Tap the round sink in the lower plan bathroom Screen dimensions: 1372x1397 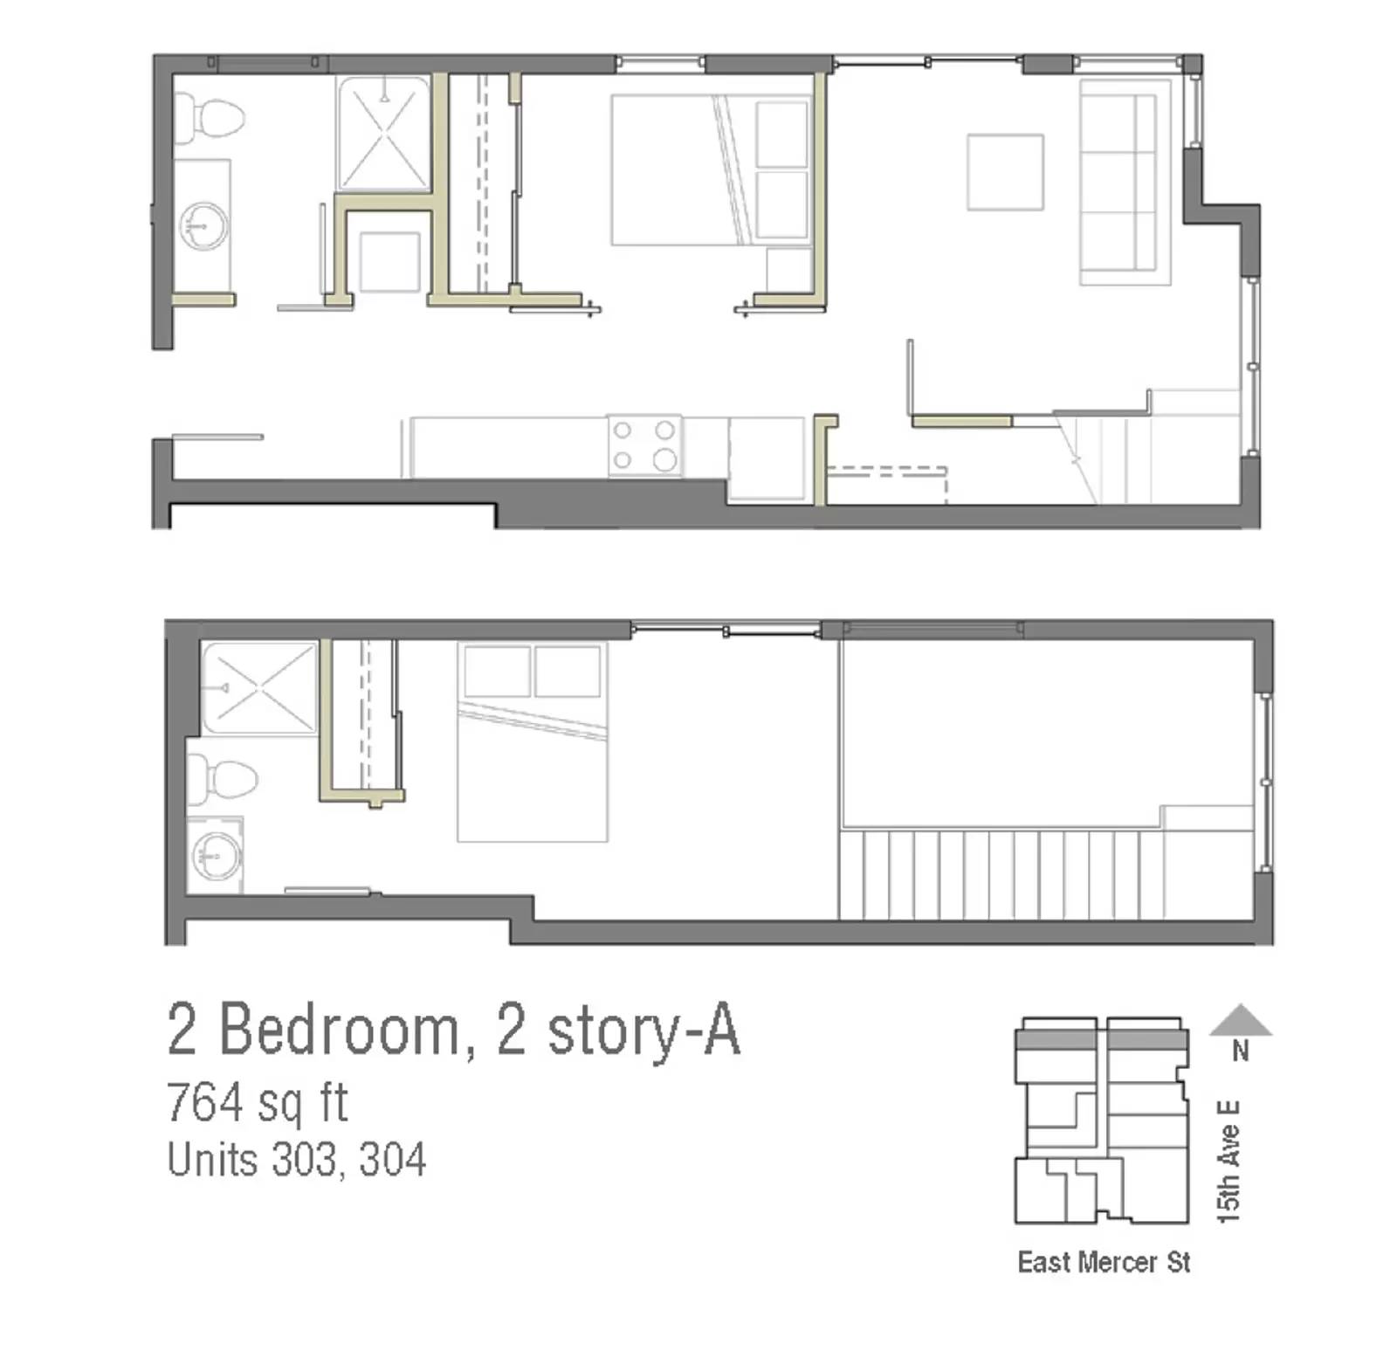[x=216, y=853]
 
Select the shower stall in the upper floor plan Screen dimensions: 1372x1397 [x=383, y=134]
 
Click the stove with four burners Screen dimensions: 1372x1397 [x=644, y=445]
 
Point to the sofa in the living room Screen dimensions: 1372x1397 [x=1124, y=182]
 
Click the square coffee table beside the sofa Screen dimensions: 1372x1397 [x=1004, y=172]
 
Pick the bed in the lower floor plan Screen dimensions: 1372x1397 [x=532, y=742]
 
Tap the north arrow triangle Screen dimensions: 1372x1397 [x=1240, y=1020]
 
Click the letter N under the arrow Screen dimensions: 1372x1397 [x=1240, y=1051]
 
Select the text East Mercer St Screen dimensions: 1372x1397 [x=1104, y=1262]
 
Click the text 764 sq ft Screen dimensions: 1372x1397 [x=258, y=1102]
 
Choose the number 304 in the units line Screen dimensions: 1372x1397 [x=392, y=1160]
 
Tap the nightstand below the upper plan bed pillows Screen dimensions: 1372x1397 [x=788, y=269]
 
